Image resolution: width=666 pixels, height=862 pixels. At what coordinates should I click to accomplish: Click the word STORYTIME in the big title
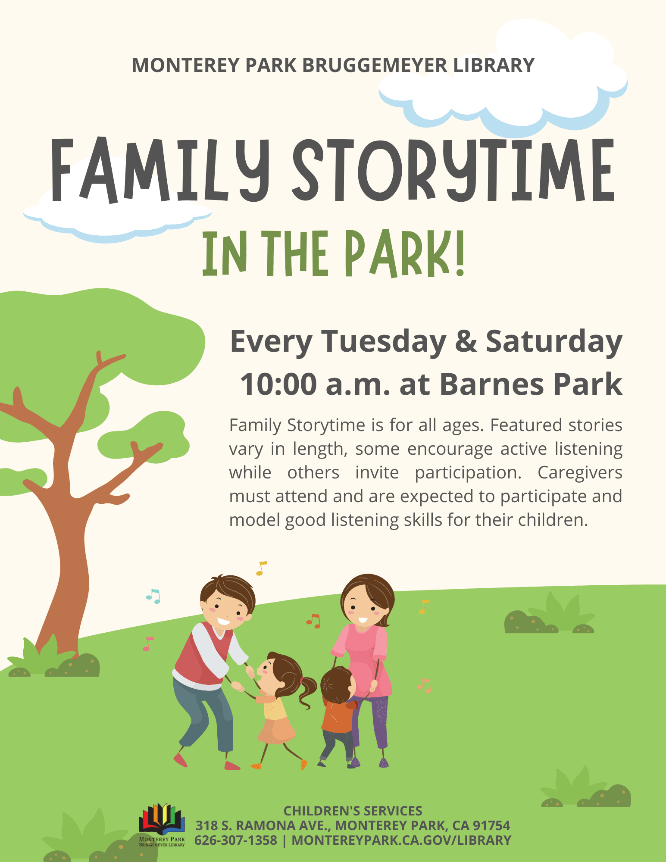click(x=453, y=170)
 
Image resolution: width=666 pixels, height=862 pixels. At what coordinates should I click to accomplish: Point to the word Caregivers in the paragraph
click(x=579, y=473)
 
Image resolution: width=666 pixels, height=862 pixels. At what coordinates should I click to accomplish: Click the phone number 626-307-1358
click(x=235, y=840)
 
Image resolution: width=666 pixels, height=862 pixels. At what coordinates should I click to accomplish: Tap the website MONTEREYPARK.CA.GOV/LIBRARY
click(x=401, y=840)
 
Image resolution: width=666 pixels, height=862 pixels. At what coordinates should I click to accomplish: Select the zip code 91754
click(x=491, y=825)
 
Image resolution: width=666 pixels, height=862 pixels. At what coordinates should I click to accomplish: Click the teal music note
click(x=153, y=597)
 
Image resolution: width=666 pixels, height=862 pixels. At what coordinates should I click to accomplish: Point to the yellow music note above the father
click(x=261, y=568)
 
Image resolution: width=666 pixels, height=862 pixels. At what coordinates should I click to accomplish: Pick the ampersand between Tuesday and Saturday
click(x=466, y=341)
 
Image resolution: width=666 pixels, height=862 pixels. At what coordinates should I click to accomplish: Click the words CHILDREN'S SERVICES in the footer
click(x=353, y=811)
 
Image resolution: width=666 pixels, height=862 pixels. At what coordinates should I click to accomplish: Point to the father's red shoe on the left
click(x=181, y=760)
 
